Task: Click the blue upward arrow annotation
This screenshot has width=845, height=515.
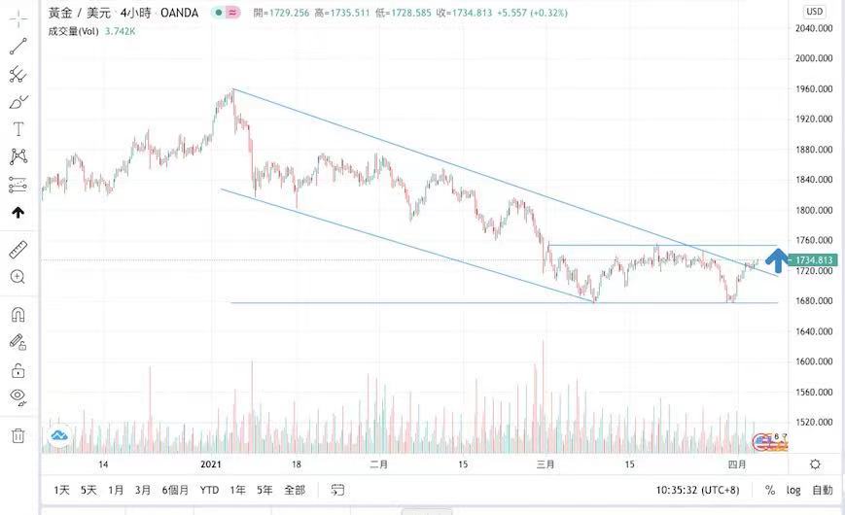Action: [x=776, y=257]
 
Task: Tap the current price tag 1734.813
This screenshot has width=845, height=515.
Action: [x=814, y=260]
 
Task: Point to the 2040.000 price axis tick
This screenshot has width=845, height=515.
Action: [x=813, y=28]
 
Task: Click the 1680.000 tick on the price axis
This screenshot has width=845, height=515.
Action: [x=813, y=301]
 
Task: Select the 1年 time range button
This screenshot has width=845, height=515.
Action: [x=237, y=490]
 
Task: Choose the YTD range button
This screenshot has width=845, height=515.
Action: [x=209, y=490]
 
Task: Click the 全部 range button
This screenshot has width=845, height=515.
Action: [x=294, y=490]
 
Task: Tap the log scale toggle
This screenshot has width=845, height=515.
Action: [x=794, y=490]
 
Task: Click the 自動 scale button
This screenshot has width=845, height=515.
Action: [x=823, y=490]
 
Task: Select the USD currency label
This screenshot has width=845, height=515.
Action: [x=814, y=12]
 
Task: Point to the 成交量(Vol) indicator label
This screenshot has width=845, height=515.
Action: [x=73, y=31]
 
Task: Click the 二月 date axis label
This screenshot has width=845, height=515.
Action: [x=379, y=464]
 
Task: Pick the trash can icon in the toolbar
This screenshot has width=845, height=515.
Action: [x=18, y=435]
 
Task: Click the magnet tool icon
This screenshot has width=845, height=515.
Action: [x=18, y=315]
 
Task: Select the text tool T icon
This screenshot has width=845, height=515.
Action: [x=18, y=129]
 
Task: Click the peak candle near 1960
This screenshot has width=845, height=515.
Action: [x=232, y=92]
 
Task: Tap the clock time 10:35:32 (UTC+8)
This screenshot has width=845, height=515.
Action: [x=700, y=490]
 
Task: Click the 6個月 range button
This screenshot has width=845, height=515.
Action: [x=175, y=490]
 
